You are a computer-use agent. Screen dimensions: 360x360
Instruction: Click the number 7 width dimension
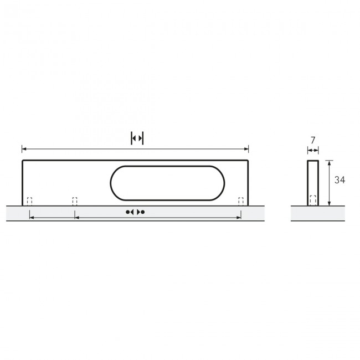[x=313, y=141]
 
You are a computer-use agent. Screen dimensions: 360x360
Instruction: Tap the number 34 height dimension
[x=340, y=179]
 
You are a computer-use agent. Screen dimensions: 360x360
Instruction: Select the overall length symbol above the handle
[x=137, y=138]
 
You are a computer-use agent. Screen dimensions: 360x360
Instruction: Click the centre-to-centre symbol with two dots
[x=135, y=212]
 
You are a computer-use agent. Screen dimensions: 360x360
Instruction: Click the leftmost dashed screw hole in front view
[x=30, y=201]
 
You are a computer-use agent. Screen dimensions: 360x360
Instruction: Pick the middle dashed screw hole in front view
[x=75, y=201]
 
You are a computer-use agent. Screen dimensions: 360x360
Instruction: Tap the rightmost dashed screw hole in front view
[x=241, y=201]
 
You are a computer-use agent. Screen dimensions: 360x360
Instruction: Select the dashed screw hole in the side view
[x=313, y=200]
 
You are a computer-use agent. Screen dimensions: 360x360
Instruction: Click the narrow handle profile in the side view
[x=313, y=177]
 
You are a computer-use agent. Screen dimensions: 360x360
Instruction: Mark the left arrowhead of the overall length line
[x=23, y=149]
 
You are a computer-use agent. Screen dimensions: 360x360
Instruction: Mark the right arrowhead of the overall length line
[x=247, y=149]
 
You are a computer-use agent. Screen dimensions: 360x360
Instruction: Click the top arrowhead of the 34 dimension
[x=329, y=162]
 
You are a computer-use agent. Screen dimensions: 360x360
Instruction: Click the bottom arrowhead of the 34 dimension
[x=329, y=203]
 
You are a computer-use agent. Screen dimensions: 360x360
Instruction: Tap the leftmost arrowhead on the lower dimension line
[x=30, y=218]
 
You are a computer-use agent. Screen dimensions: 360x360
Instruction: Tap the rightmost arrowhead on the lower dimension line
[x=239, y=218]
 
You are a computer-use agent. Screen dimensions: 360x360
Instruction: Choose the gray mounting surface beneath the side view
[x=315, y=213]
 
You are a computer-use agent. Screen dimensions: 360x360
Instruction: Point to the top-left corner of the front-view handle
[x=23, y=161]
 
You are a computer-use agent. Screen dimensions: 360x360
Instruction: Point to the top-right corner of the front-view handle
[x=248, y=161]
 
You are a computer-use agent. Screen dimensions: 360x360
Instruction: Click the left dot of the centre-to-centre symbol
[x=128, y=212]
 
